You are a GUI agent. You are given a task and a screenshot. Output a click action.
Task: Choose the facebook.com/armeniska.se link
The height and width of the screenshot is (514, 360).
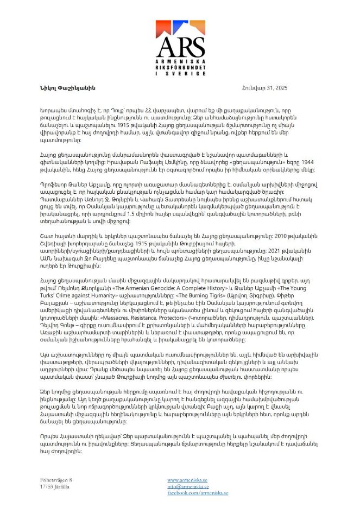pyautogui.click(x=198, y=493)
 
